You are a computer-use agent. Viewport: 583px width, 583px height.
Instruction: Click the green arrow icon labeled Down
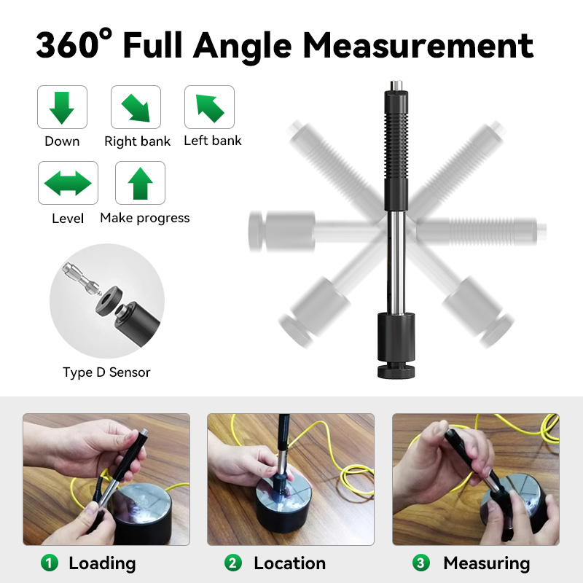coord(62,107)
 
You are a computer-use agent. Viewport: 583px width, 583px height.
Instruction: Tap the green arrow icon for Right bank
coord(136,108)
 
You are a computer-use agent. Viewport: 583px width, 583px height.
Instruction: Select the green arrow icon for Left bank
coord(210,108)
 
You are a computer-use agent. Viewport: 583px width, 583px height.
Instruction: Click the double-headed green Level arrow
coord(68,183)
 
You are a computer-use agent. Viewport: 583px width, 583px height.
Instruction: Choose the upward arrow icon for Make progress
coord(140,184)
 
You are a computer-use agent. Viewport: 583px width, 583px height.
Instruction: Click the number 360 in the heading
coord(69,44)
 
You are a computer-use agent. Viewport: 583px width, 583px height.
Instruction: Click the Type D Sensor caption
coord(106,372)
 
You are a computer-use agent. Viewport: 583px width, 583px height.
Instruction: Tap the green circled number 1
coord(50,563)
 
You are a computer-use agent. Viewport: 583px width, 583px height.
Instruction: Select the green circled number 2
coord(233,563)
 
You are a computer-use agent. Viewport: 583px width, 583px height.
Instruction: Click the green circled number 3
coord(421,563)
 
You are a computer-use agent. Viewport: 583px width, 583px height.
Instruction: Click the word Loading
coord(102,563)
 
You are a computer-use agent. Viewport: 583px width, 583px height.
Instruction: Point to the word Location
coord(289,563)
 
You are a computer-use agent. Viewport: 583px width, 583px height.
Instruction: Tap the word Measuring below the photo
coord(487,563)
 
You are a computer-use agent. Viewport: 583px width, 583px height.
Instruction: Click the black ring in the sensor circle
coord(109,301)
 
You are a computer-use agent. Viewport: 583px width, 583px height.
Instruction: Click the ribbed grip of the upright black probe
coord(396,146)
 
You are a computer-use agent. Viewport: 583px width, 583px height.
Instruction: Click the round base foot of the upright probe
coord(396,372)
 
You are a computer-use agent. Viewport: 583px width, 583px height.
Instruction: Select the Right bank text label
coord(137,141)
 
